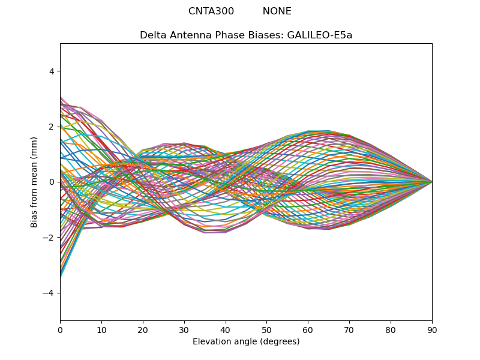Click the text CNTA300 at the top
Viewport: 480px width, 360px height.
(211, 11)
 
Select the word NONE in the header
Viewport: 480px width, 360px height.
(277, 11)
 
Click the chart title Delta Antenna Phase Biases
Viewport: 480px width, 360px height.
(212, 35)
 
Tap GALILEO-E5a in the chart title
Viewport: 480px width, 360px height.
(320, 35)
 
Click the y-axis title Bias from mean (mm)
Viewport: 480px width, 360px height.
(34, 182)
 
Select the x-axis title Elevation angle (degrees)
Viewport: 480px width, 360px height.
(246, 341)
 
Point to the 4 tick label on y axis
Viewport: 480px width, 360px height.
(52, 71)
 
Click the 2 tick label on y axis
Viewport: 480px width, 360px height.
(52, 127)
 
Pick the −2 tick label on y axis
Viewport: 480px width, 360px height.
(49, 238)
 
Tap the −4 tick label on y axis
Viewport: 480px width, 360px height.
(49, 293)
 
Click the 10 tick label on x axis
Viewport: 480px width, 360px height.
(101, 331)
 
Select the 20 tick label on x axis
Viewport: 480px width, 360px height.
(143, 331)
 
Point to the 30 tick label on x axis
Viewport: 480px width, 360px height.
(184, 331)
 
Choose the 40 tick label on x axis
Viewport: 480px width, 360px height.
(226, 331)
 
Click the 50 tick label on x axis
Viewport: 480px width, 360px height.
(267, 331)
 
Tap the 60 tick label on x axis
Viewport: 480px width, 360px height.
(308, 331)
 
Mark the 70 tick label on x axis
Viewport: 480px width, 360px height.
(350, 331)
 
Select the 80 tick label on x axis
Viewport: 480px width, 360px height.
(391, 331)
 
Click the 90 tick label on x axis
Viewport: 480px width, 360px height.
(432, 331)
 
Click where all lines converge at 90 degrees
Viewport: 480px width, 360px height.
(432, 182)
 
